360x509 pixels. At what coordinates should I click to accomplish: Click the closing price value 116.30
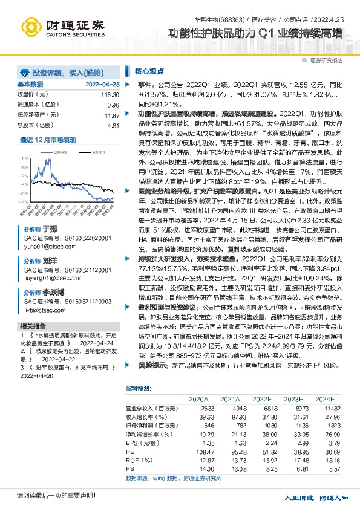(x=110, y=95)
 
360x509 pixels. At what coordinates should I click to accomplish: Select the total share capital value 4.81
(x=113, y=125)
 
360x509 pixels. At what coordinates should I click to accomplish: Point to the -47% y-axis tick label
(x=23, y=201)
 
